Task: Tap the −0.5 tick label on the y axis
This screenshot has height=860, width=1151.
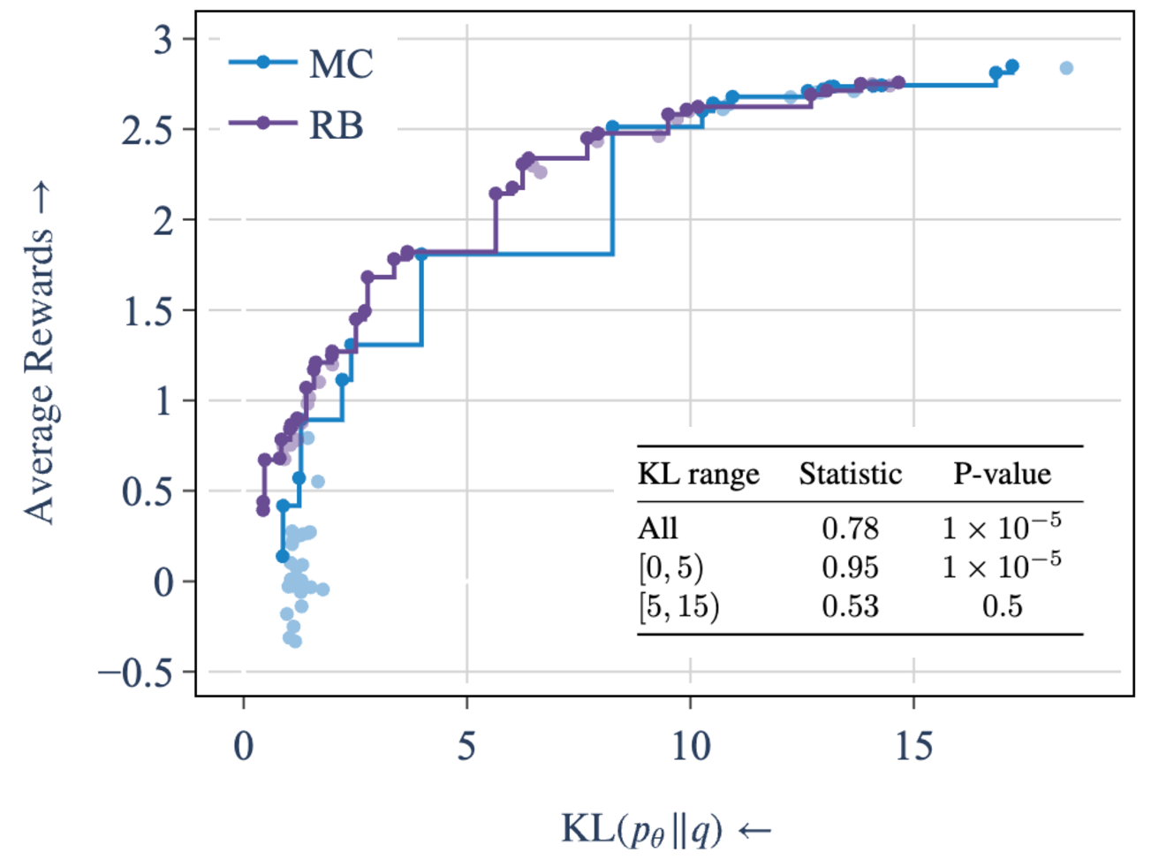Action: tap(135, 674)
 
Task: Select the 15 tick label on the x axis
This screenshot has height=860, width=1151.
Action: tap(912, 748)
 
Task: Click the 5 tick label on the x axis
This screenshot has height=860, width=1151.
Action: tap(466, 748)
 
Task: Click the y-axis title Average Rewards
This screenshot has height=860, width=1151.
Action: tap(39, 354)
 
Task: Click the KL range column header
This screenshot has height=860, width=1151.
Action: tap(698, 475)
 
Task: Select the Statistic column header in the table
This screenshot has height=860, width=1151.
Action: tap(850, 475)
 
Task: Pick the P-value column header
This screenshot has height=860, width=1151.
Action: tap(1002, 475)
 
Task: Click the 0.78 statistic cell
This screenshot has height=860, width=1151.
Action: tap(850, 529)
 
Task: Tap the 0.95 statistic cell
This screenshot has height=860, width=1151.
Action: tap(850, 567)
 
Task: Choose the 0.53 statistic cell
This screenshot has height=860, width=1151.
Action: tap(850, 606)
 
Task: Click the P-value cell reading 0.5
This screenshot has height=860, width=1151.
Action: tap(1002, 606)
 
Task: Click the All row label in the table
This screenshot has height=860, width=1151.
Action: tap(658, 529)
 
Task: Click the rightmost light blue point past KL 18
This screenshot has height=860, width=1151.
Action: tap(1066, 68)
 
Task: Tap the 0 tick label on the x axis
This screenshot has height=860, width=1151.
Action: tap(244, 748)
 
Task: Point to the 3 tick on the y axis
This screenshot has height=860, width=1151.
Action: tap(163, 40)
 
